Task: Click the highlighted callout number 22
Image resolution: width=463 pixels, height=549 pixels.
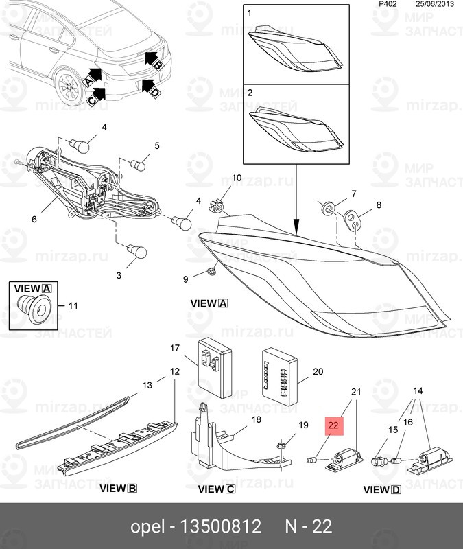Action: tap(333, 426)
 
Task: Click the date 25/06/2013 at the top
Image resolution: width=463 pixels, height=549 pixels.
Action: tap(436, 4)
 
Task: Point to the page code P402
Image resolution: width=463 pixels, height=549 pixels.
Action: tap(388, 4)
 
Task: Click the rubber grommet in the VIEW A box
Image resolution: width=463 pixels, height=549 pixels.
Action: tap(32, 307)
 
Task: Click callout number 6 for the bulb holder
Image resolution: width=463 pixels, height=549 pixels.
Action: tap(34, 220)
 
